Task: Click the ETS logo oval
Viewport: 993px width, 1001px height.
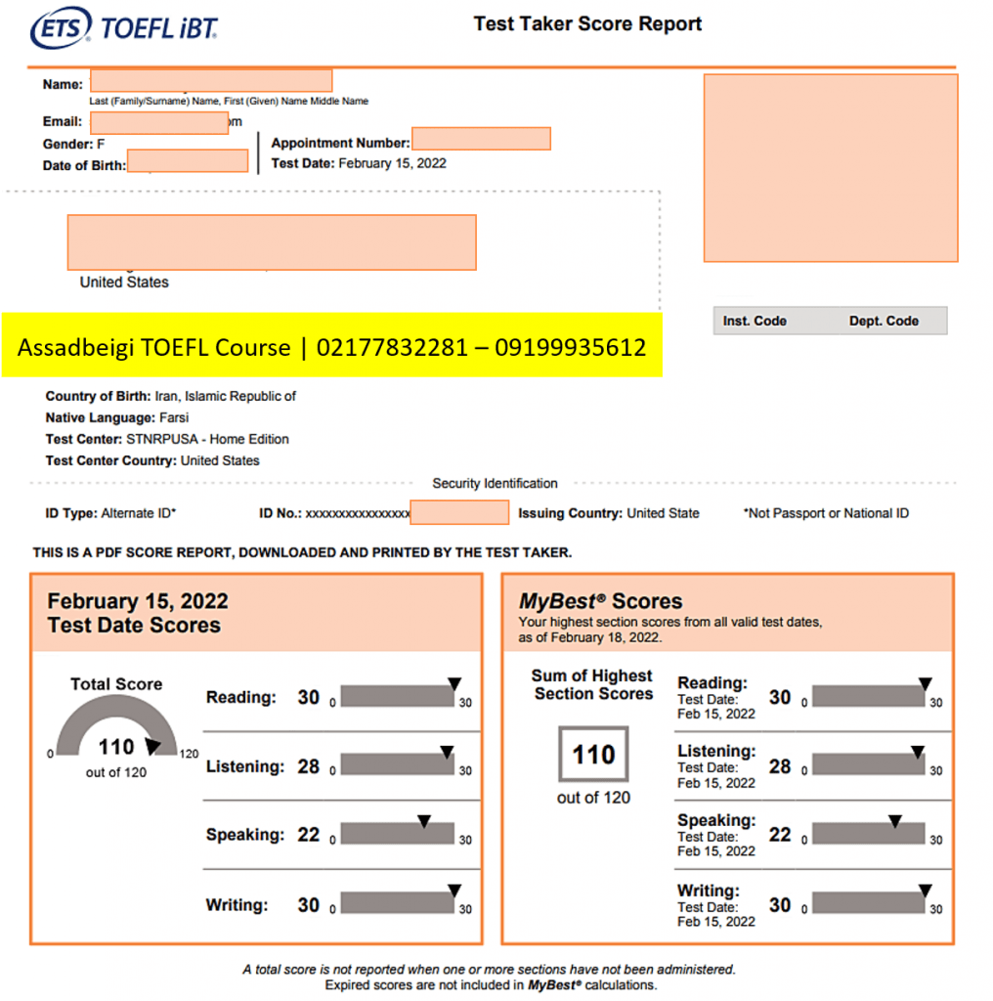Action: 62,27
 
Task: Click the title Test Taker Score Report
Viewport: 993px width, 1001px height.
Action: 587,24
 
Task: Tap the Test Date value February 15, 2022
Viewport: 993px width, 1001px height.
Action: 392,163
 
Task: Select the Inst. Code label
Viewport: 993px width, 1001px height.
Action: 755,321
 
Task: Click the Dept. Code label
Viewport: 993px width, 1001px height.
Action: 884,321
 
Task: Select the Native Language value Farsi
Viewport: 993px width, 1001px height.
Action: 174,417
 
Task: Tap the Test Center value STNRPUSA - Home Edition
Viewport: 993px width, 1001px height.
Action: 207,439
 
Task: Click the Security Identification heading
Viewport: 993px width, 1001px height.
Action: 495,483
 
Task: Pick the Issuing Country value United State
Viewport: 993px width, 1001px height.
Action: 663,513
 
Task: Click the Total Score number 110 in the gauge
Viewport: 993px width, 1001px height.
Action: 115,747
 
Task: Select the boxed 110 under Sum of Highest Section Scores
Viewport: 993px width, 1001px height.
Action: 593,754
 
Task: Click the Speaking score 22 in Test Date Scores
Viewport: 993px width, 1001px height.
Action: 309,835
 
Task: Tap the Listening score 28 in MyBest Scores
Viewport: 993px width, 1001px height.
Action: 780,766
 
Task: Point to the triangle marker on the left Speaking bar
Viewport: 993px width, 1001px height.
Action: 424,822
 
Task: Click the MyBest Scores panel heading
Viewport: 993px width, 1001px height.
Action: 600,601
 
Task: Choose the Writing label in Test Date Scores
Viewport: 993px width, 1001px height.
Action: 237,905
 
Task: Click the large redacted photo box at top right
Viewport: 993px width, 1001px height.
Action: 831,167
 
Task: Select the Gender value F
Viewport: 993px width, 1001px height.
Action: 101,144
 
